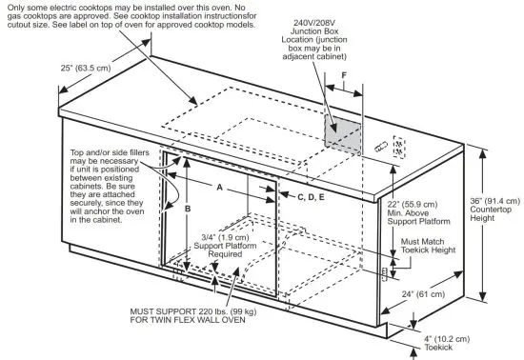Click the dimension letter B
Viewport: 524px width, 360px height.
[189, 207]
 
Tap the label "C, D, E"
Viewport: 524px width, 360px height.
[311, 196]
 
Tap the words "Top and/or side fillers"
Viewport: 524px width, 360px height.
[115, 152]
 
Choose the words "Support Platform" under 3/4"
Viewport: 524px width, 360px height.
[224, 246]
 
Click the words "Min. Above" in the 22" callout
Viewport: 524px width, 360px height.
[412, 213]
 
